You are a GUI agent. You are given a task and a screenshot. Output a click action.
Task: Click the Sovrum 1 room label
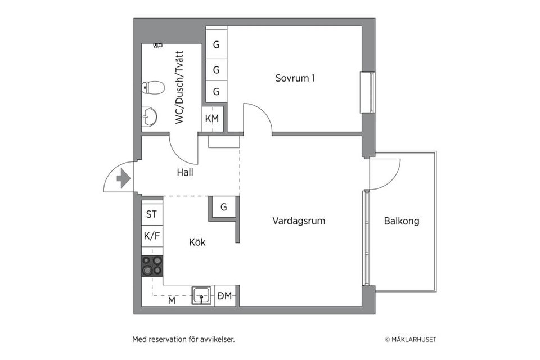[295, 78]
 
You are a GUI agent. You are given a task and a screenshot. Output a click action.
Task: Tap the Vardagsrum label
[299, 220]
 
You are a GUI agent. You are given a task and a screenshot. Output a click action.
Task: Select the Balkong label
[402, 221]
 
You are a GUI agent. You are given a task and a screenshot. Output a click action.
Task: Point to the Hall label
[184, 173]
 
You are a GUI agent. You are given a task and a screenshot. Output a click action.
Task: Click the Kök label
[197, 242]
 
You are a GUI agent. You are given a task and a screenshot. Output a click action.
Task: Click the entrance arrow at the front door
[123, 179]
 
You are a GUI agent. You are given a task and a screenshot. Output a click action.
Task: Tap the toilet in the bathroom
[152, 88]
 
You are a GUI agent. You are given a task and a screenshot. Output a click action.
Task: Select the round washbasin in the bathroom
[149, 116]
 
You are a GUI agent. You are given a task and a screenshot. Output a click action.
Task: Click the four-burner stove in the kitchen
[152, 265]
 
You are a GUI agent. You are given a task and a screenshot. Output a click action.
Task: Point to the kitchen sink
[202, 294]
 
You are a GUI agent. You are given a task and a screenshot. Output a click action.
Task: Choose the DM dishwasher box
[225, 295]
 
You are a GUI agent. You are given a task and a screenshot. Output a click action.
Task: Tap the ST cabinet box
[152, 214]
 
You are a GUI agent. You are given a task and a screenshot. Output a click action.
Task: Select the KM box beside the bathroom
[212, 119]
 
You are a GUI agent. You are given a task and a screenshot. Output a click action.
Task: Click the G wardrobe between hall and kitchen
[223, 207]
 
